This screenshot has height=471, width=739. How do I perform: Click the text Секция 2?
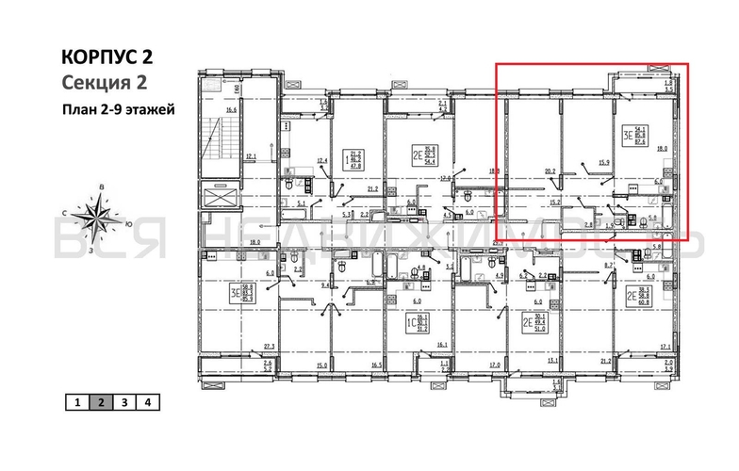click(x=101, y=82)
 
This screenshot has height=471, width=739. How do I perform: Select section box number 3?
click(x=123, y=402)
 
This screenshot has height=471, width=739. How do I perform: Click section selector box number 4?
click(x=147, y=402)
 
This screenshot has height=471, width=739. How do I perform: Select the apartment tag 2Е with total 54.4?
click(x=422, y=154)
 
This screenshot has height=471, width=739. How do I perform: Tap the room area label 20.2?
click(x=550, y=171)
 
